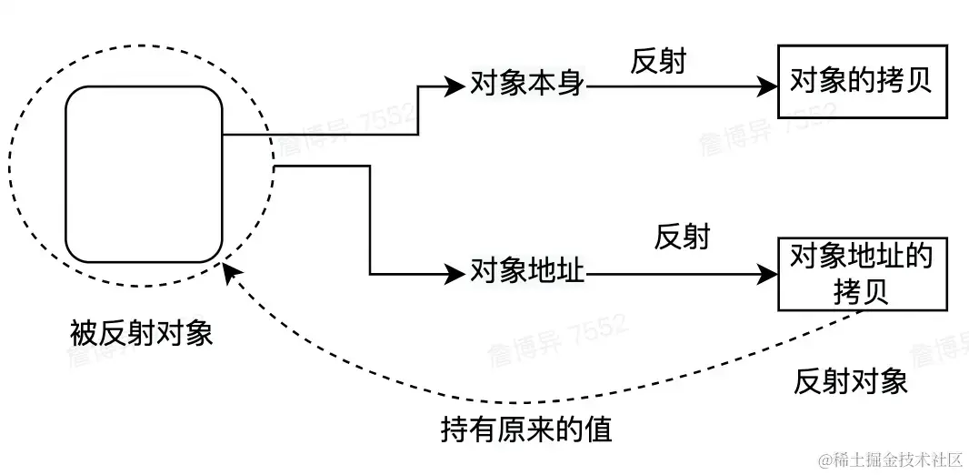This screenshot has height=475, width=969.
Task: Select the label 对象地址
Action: click(x=528, y=271)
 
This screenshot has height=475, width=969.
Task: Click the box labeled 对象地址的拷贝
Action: click(x=862, y=273)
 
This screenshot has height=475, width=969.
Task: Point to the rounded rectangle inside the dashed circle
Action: click(x=144, y=174)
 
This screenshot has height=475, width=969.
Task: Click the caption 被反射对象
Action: click(x=141, y=334)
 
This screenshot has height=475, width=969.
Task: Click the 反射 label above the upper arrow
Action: click(x=658, y=62)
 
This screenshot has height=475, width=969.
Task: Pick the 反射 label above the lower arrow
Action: click(x=682, y=237)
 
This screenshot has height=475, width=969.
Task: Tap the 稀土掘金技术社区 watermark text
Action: click(x=890, y=460)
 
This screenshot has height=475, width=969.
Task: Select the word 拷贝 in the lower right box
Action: click(x=861, y=290)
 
